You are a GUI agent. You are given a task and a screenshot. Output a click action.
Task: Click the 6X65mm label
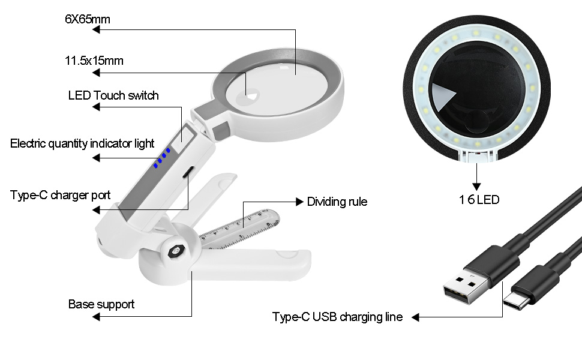88,19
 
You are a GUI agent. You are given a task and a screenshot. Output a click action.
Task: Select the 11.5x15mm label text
94,61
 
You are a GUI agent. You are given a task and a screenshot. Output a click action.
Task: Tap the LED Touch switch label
113,95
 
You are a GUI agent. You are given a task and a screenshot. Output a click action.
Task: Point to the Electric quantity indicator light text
82,144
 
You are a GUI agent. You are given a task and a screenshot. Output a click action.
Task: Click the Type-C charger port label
60,196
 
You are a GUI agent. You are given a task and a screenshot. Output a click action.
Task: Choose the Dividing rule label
337,202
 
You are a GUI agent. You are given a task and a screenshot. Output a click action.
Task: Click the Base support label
101,304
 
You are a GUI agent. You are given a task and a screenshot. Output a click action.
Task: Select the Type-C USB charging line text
337,317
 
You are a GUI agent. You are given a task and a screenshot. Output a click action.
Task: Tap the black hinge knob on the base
176,253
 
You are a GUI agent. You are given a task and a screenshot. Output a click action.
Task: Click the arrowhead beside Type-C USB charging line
415,317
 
